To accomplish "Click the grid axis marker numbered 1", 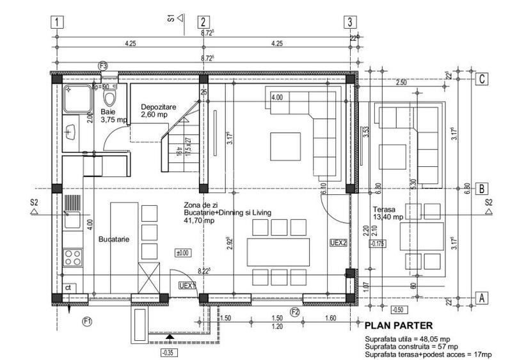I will click(58, 21).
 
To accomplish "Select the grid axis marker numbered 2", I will click(203, 21).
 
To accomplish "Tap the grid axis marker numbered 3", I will click(349, 21).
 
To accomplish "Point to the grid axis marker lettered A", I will click(484, 298).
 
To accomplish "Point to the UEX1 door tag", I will click(186, 285).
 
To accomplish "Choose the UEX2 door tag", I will click(338, 243).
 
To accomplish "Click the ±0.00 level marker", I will click(184, 253).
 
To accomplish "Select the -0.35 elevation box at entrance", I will click(168, 351).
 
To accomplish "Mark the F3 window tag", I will click(103, 65).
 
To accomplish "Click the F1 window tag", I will click(88, 320).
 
